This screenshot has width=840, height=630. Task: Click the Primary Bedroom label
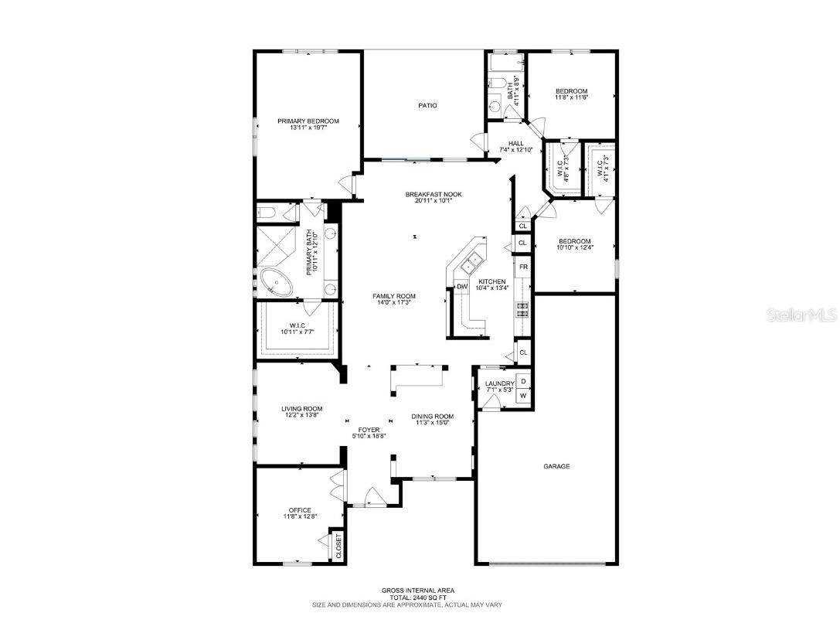(308, 121)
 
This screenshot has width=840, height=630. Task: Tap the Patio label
(428, 105)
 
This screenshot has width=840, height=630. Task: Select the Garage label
(556, 466)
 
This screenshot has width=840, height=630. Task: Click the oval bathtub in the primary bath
(276, 282)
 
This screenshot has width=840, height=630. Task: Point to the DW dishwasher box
(462, 287)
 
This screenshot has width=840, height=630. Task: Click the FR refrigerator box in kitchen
(523, 267)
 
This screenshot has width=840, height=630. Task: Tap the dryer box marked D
(523, 381)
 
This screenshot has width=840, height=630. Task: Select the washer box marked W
(523, 396)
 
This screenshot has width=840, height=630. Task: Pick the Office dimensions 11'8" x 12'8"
(300, 516)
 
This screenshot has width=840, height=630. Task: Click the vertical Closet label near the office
(338, 547)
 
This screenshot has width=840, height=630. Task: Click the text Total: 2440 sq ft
(407, 598)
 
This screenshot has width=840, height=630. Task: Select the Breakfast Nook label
(434, 194)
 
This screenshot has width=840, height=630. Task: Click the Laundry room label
(499, 383)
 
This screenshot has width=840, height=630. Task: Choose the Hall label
(515, 143)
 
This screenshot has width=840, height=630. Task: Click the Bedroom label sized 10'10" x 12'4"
(575, 240)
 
